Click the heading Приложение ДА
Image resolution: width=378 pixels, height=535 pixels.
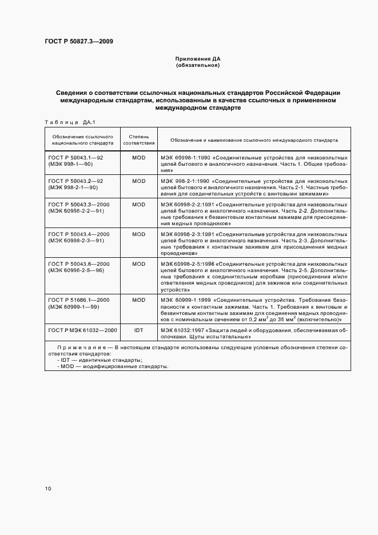click(197, 59)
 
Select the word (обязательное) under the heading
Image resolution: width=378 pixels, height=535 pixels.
click(197, 65)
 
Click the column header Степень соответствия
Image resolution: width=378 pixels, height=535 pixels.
click(139, 139)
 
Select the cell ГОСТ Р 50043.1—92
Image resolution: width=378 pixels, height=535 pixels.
click(75, 157)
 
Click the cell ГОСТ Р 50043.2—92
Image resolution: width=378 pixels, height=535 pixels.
click(75, 181)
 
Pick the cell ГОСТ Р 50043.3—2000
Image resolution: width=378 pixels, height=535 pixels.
click(78, 204)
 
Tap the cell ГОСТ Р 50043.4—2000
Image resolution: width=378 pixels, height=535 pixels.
click(78, 234)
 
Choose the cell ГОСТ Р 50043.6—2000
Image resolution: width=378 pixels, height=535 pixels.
click(78, 263)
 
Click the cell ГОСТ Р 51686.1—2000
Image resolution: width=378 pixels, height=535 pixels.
click(78, 300)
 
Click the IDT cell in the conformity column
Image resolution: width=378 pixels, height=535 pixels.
click(139, 330)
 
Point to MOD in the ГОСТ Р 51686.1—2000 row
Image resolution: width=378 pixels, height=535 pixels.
click(139, 300)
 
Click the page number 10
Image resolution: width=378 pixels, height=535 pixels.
click(48, 488)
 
